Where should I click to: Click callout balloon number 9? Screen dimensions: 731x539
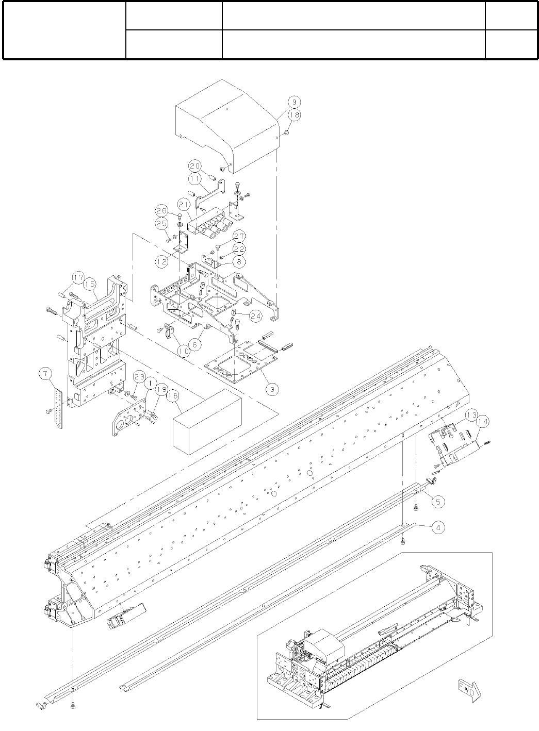tap(292, 101)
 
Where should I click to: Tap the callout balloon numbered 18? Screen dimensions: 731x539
tap(293, 115)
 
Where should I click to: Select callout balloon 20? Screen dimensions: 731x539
tap(194, 166)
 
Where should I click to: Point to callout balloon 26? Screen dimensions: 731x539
tap(162, 211)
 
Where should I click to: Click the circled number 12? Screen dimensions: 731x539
tap(162, 262)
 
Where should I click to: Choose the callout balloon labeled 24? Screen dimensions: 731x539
tap(256, 316)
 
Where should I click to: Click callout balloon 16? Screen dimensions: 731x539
tap(173, 396)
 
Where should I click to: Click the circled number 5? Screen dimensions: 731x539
tap(437, 500)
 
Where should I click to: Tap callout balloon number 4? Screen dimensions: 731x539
tap(437, 527)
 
